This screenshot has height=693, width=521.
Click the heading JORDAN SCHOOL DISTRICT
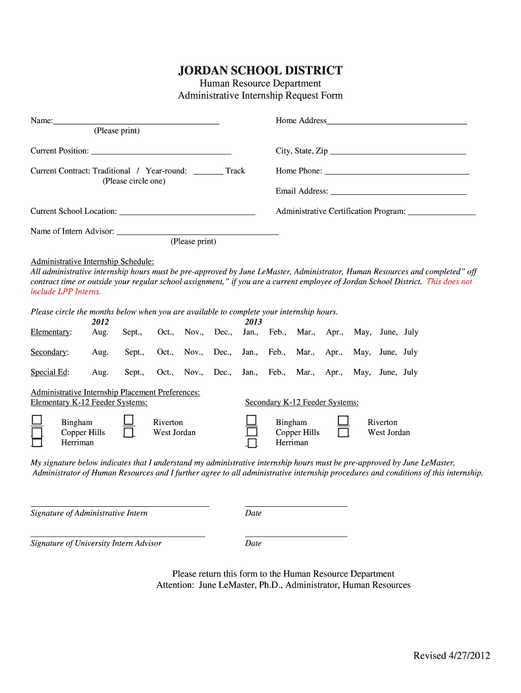260,70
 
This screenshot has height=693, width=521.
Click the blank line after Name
136,122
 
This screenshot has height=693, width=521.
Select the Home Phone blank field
397,172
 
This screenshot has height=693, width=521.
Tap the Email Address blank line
398,192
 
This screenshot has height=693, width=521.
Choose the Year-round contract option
166,171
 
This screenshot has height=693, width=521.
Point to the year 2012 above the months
100,322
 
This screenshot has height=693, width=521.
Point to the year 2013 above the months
253,322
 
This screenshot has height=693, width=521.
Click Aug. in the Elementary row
100,332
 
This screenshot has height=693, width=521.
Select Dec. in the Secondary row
223,353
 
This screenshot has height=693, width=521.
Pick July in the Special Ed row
411,372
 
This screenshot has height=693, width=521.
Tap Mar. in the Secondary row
305,353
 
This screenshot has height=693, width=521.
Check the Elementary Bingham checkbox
37,421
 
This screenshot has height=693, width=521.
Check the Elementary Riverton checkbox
129,421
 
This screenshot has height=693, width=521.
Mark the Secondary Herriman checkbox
252,443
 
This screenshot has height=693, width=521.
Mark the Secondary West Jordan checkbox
344,432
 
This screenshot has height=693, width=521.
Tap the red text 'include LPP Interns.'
66,292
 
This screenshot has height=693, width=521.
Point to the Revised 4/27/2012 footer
452,656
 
